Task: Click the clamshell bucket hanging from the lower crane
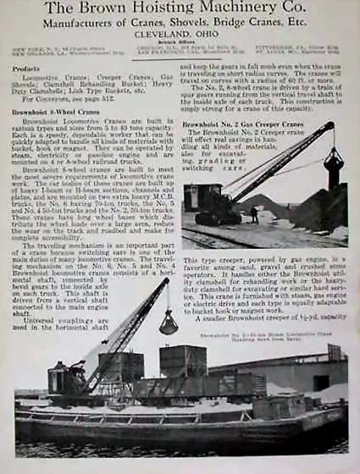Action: [x=168, y=322]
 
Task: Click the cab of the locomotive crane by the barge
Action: [x=66, y=379]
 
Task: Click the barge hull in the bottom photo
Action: [x=169, y=423]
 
